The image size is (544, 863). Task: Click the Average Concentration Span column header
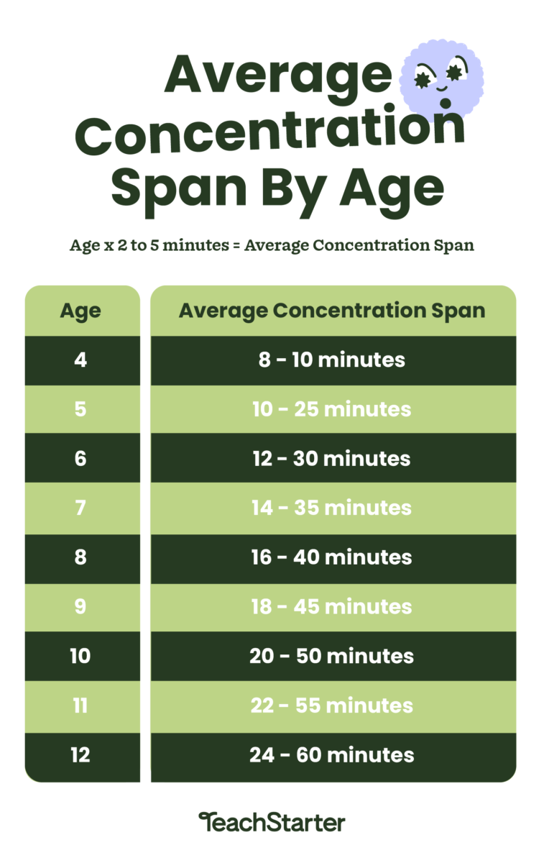coord(333,311)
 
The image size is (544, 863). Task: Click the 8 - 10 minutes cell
coord(333,360)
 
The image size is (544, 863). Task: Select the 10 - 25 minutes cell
coord(333,409)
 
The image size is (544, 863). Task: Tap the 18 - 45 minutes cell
coord(333,608)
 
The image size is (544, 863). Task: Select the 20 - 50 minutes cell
coord(333,656)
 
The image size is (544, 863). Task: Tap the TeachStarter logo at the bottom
coord(272,822)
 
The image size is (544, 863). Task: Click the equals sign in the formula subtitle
coord(236,245)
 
